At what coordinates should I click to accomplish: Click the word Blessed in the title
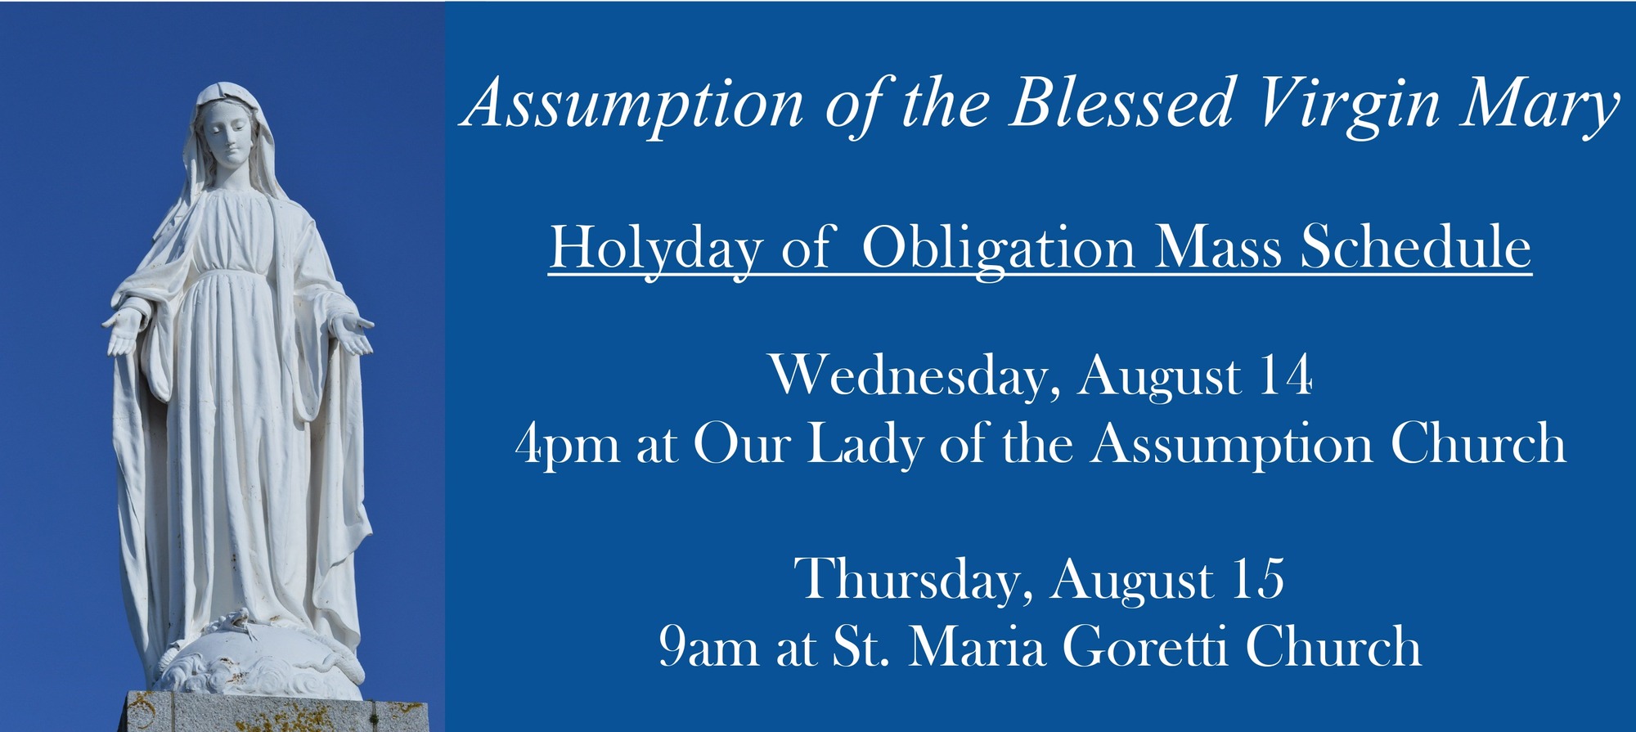coord(1121,104)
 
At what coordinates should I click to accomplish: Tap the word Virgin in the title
coord(1351,104)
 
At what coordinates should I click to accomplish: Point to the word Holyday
coord(655,248)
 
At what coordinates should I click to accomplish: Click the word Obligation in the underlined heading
coord(998,248)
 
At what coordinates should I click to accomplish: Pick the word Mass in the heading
coord(1218,248)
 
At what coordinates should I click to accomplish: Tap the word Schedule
coord(1416,248)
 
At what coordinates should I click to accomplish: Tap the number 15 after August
coord(1257,579)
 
